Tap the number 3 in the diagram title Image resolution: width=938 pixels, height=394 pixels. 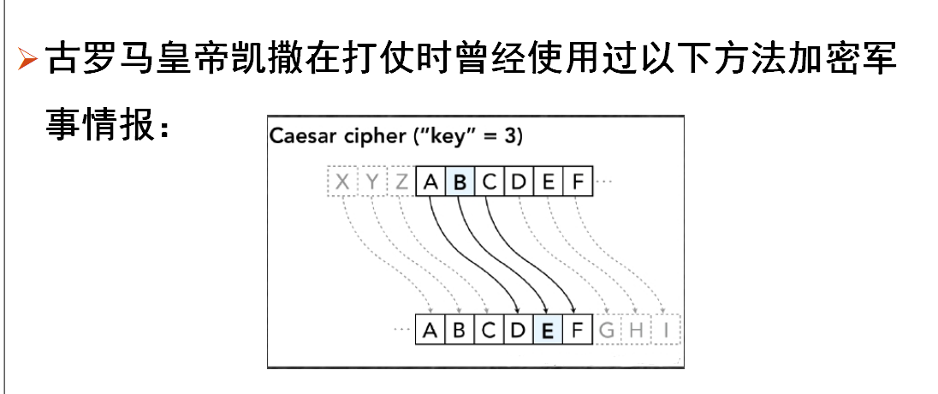[x=512, y=136]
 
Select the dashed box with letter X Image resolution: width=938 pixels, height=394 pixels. [x=342, y=182]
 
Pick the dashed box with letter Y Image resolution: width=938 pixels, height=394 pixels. [x=371, y=182]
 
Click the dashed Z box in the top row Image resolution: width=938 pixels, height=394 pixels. [x=401, y=182]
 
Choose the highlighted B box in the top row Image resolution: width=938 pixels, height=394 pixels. [x=460, y=182]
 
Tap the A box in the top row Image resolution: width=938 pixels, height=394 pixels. [x=430, y=182]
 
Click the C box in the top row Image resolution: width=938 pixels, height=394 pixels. [x=489, y=182]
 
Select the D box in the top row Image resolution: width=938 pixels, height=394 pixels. [x=519, y=182]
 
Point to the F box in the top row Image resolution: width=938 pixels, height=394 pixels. [x=578, y=182]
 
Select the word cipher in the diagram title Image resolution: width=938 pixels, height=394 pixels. [x=377, y=136]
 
